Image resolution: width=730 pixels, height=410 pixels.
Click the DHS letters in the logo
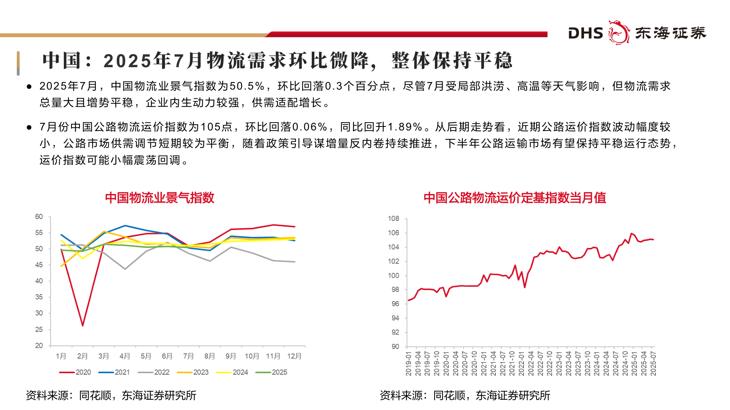click(586, 33)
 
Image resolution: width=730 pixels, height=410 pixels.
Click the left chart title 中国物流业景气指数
click(160, 198)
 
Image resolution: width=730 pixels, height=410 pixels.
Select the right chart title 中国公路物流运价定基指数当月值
click(515, 198)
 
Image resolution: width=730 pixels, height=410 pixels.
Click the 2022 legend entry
click(154, 372)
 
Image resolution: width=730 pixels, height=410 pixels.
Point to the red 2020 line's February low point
click(83, 325)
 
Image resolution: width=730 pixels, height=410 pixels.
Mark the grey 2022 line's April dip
click(125, 269)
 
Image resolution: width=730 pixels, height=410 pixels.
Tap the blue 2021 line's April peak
click(125, 225)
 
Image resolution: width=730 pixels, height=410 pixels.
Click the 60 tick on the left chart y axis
click(39, 217)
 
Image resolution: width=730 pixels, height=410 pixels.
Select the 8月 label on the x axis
click(209, 356)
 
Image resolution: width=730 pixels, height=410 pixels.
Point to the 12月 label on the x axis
click(294, 356)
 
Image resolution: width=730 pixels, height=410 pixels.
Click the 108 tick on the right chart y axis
click(394, 219)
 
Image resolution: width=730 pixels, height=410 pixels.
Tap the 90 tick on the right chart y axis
click(395, 347)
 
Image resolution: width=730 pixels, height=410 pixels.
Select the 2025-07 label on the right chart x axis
click(653, 364)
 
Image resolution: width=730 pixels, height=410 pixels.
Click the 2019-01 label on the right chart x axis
click(409, 364)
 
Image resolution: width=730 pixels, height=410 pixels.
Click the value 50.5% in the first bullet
click(247, 86)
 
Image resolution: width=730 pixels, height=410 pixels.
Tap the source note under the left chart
click(111, 396)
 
